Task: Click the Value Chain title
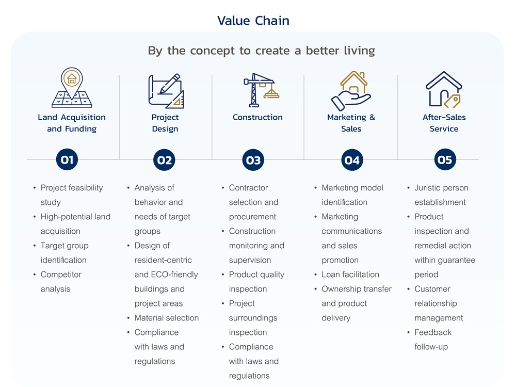[253, 21]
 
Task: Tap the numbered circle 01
[67, 160]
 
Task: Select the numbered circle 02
[165, 160]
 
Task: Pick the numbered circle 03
[253, 160]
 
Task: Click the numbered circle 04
[351, 160]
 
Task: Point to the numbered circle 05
[445, 160]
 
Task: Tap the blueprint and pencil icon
[166, 91]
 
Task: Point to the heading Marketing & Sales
[351, 123]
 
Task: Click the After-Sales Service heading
[444, 123]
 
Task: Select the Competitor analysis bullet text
[61, 282]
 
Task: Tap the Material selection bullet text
[166, 318]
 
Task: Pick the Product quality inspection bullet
[256, 282]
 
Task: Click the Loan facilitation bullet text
[350, 275]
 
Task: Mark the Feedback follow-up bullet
[432, 340]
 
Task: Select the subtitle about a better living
[261, 51]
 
